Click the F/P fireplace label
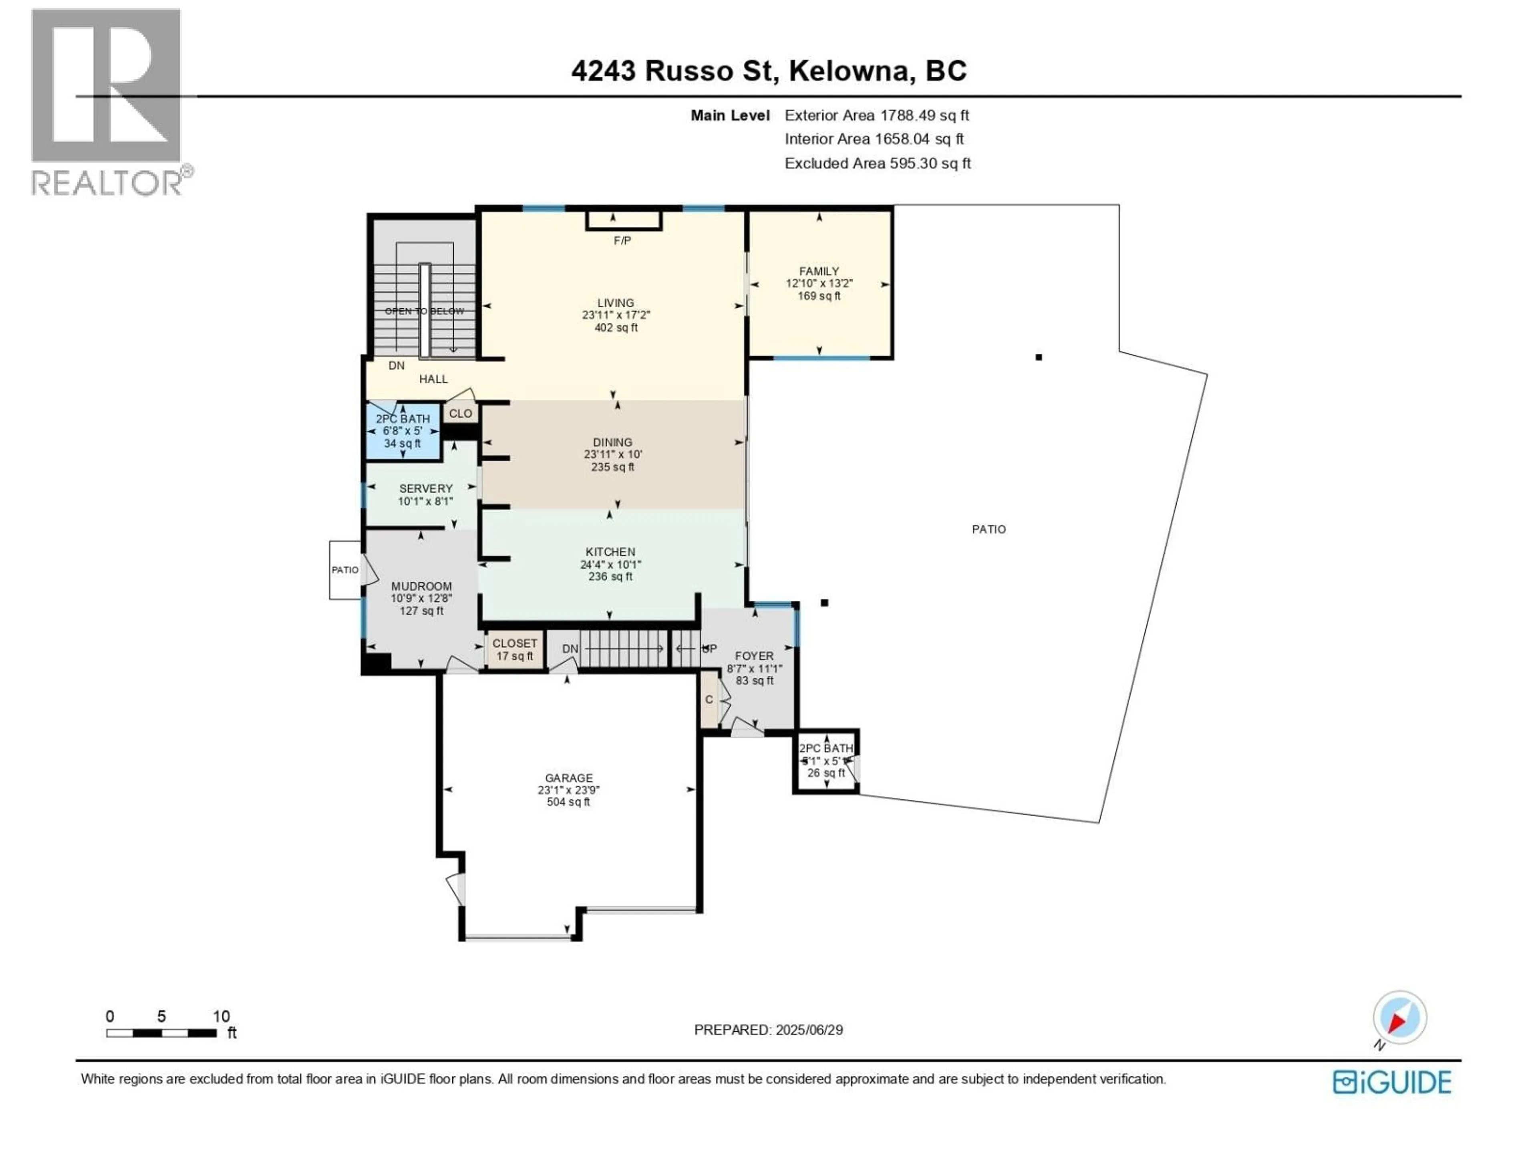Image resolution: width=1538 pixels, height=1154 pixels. point(622,241)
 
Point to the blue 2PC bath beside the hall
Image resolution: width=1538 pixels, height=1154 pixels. point(403,431)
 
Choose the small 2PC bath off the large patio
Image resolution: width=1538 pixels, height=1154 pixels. point(826,761)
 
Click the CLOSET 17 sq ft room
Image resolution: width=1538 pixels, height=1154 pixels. point(515,650)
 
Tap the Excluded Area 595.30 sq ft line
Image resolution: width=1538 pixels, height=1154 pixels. point(878,163)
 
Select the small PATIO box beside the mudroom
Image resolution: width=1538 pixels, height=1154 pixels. point(345,570)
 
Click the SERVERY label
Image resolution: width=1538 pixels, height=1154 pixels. point(425,488)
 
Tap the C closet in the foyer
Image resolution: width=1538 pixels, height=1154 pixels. point(709,700)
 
